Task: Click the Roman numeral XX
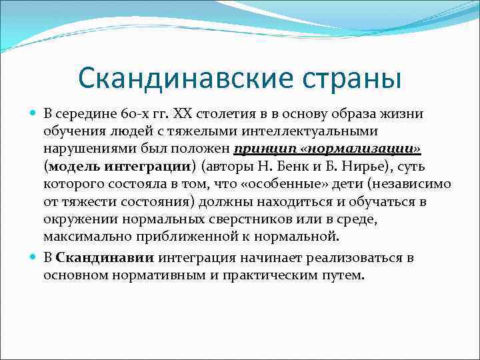182,114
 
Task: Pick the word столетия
222,114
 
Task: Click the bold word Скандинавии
105,258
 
